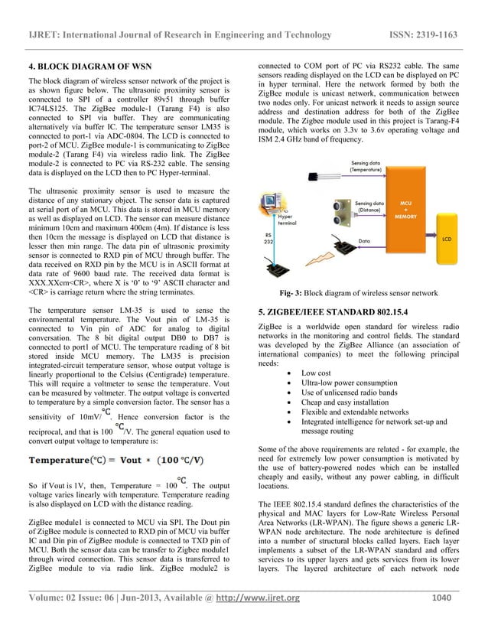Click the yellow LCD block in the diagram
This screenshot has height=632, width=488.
click(446, 239)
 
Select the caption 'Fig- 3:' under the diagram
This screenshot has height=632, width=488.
click(295, 293)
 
